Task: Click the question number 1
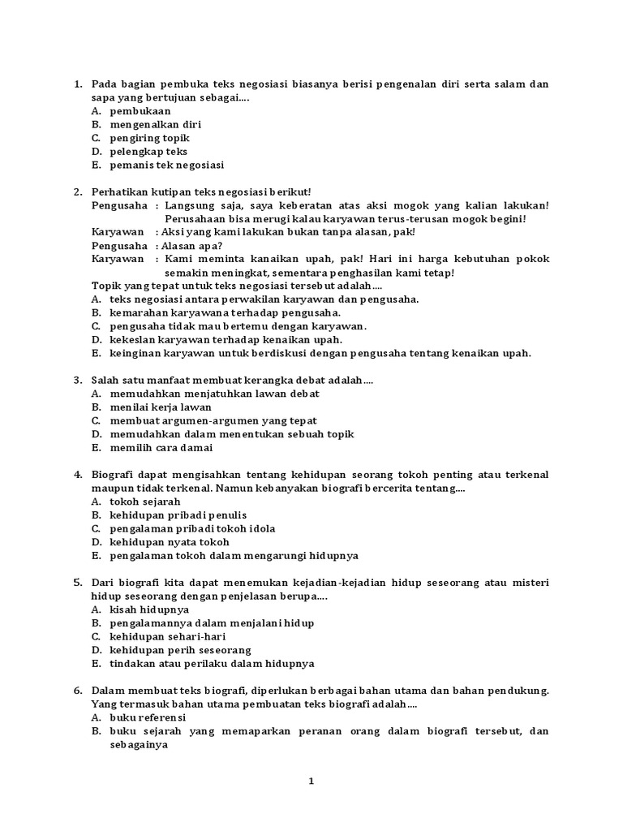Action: (x=78, y=84)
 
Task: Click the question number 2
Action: (x=78, y=192)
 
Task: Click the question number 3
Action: (x=78, y=380)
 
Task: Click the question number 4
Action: (x=78, y=475)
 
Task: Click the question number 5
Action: (x=78, y=583)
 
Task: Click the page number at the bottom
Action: (x=311, y=781)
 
